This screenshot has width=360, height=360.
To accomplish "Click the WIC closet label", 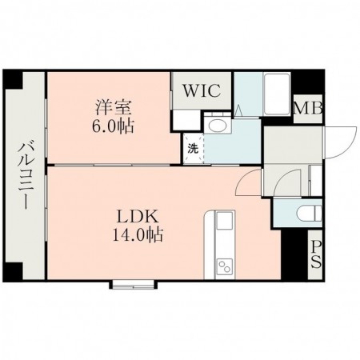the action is [202, 90].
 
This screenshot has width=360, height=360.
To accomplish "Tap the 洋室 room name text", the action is [113, 107].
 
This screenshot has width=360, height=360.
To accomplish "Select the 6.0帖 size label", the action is [113, 126].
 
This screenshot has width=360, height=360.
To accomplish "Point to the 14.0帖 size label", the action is [138, 234].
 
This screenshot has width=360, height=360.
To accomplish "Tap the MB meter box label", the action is [308, 108].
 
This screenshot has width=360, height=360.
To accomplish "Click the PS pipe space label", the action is [316, 254].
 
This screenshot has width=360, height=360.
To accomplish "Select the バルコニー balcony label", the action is [26, 175].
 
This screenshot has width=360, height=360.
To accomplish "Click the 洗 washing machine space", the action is [193, 149].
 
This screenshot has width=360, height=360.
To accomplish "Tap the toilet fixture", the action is [310, 213].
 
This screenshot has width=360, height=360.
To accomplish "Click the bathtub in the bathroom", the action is [277, 94].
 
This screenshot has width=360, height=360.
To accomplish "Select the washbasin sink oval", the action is [217, 125].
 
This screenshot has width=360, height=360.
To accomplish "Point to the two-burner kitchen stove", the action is [224, 266].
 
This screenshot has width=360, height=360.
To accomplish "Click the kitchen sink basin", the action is [225, 221].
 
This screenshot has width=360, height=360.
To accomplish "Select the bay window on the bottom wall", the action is [133, 284].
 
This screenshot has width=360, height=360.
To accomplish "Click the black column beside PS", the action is [294, 254].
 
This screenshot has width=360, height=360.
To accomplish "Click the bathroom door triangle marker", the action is [238, 111].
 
